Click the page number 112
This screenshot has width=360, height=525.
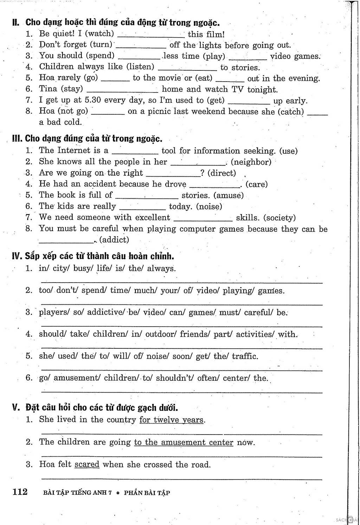coord(20,492)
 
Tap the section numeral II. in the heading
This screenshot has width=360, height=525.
coord(16,23)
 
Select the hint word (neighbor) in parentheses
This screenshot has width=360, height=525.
coord(251,162)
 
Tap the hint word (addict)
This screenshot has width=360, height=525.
coord(114,240)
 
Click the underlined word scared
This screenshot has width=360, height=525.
coord(87,464)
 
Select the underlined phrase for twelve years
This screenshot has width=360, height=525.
coord(172,420)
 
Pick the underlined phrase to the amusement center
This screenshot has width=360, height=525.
coord(184,442)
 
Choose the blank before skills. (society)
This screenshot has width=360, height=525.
coord(203,220)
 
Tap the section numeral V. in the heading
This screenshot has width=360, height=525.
coord(15,407)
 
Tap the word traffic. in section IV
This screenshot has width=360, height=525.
coord(245,356)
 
